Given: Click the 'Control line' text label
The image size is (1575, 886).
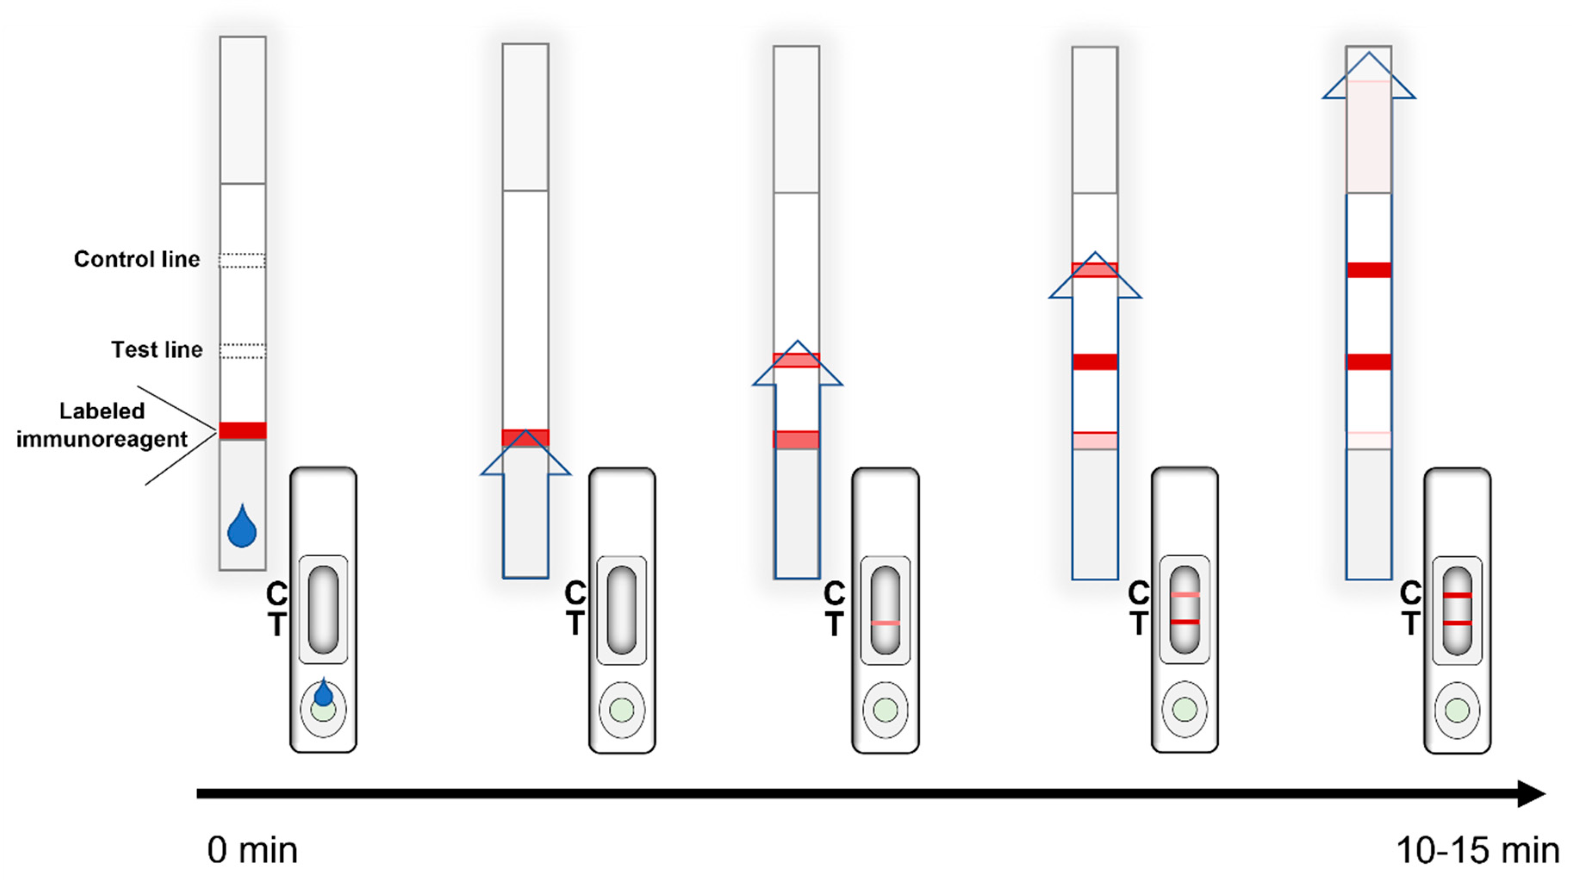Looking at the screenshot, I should (137, 259).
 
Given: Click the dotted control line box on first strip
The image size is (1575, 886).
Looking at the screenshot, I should (243, 260).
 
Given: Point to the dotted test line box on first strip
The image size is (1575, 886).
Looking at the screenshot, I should (243, 351).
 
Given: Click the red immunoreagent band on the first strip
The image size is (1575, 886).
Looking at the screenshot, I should (243, 430).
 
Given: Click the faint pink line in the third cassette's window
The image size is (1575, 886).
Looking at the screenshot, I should (885, 623).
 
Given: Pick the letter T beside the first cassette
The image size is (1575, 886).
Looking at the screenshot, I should (277, 625).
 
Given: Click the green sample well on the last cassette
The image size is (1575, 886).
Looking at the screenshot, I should (1457, 711).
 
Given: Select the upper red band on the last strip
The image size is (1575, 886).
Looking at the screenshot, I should (1368, 270).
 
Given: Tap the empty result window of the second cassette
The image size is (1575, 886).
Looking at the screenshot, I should (621, 610).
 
